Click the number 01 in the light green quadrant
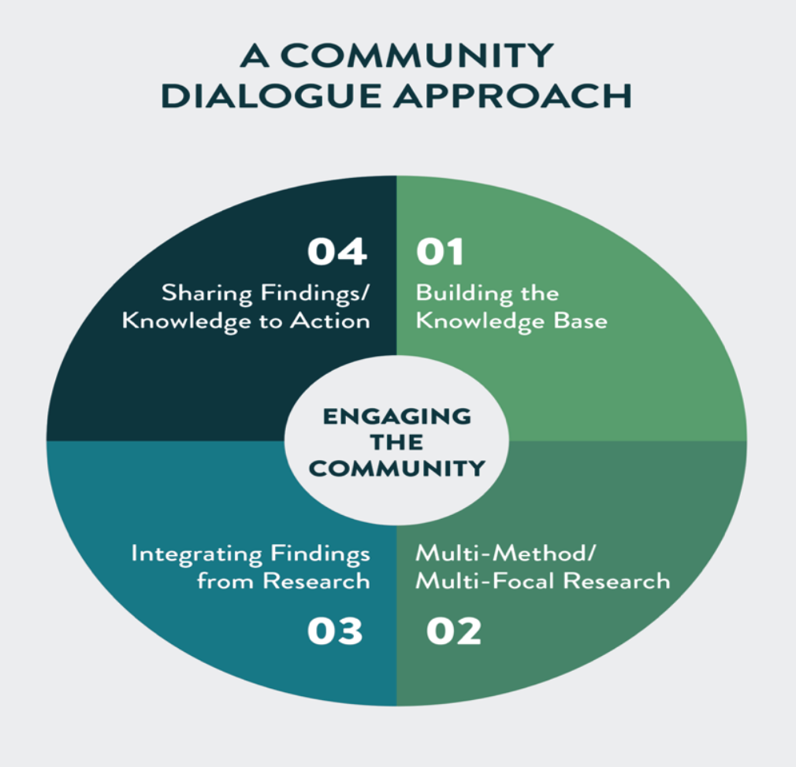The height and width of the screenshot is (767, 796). [440, 253]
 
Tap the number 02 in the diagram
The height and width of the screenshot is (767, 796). [453, 632]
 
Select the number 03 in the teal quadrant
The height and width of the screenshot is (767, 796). [335, 632]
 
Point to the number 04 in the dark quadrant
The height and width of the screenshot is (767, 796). [337, 253]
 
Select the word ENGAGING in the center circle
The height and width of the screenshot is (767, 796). [396, 416]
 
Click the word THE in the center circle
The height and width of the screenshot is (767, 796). [396, 442]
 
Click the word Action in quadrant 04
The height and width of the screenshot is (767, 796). [337, 321]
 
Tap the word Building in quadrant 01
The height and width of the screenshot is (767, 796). [454, 294]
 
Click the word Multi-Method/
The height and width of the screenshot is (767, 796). [504, 554]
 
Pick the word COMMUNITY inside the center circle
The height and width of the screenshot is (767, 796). [396, 469]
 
